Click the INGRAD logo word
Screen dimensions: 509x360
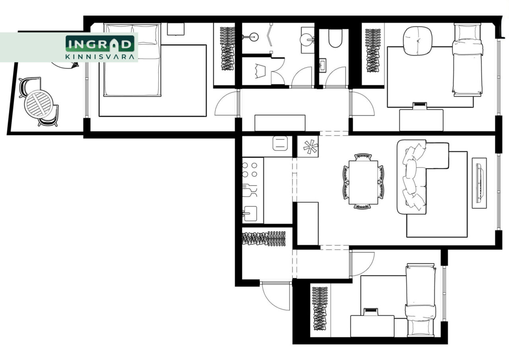coord(100,44)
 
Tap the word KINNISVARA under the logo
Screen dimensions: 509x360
coord(100,56)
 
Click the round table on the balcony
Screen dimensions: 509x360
coord(39,104)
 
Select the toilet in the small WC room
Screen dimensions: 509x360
coord(335,38)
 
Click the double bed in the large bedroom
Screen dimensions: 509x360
coord(132,60)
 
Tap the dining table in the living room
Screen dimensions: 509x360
coord(363,183)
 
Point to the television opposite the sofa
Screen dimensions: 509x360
coord(479,183)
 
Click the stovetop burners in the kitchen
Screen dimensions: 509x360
coord(249,170)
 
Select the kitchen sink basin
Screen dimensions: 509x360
coord(250,214)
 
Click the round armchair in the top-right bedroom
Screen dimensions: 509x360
coord(418,41)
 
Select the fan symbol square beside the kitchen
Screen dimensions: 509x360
coord(308,147)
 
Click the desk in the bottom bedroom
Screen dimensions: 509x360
coord(372,326)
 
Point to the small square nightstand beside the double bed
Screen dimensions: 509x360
coord(176,29)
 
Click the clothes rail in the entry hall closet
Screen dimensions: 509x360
coord(264,239)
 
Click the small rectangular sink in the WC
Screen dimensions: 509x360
coord(322,65)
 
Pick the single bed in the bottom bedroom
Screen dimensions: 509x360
coord(421,300)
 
